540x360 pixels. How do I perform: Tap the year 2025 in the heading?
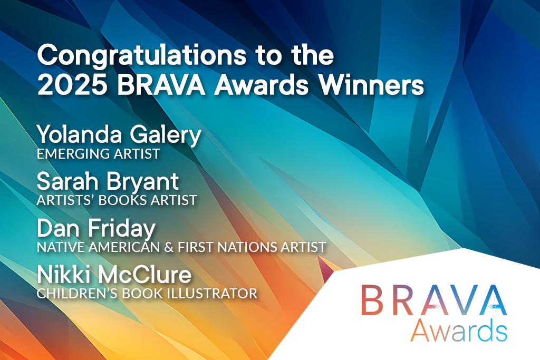(72, 85)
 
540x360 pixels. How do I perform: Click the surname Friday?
(122, 230)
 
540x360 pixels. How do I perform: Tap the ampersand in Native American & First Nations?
(169, 247)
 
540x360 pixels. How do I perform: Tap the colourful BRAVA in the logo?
(434, 300)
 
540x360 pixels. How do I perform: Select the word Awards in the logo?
(459, 330)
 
